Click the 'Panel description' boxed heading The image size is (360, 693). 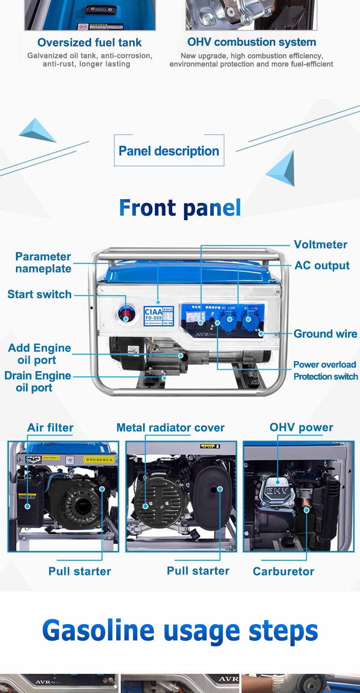(x=169, y=151)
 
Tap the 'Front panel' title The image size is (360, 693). (x=180, y=208)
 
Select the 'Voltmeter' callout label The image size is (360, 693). (x=320, y=245)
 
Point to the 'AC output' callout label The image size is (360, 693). (x=322, y=265)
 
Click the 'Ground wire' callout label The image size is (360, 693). (x=325, y=334)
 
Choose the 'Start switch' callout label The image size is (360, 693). (x=39, y=295)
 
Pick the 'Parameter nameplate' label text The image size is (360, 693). (x=43, y=263)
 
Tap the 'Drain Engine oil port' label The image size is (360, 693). (x=37, y=382)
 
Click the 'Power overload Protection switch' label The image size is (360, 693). (x=325, y=371)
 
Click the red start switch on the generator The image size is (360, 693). (x=126, y=313)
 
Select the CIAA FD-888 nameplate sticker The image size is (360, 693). (x=158, y=315)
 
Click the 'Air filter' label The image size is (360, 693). (x=50, y=428)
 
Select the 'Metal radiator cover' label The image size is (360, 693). (x=170, y=428)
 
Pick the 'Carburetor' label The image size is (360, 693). (x=283, y=571)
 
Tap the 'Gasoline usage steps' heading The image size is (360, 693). (x=180, y=631)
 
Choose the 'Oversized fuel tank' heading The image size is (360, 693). (x=89, y=43)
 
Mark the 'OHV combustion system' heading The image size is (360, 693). (x=252, y=42)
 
